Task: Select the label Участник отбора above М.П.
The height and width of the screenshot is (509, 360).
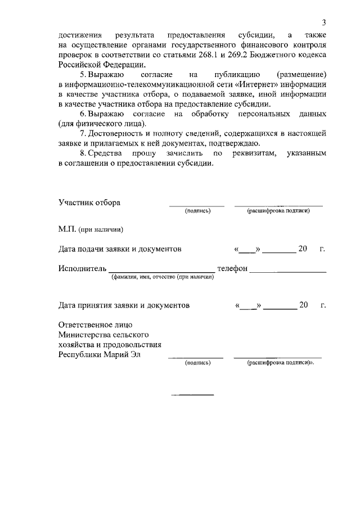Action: point(89,202)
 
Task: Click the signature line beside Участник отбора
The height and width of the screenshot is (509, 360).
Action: point(197,205)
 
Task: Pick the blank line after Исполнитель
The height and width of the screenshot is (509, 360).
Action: point(161,272)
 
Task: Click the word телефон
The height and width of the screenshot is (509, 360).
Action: point(232,269)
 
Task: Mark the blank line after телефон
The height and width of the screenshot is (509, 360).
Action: point(287,272)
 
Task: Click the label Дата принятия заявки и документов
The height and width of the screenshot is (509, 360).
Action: point(124,305)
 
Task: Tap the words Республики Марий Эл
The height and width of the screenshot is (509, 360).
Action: point(99,355)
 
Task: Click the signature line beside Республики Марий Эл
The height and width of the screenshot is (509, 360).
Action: point(196,358)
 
